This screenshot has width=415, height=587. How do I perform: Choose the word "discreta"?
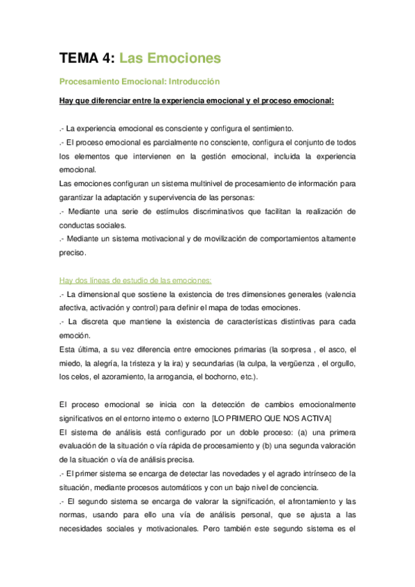click(x=106, y=322)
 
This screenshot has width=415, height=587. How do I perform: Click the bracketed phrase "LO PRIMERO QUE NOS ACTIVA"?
click(x=274, y=418)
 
